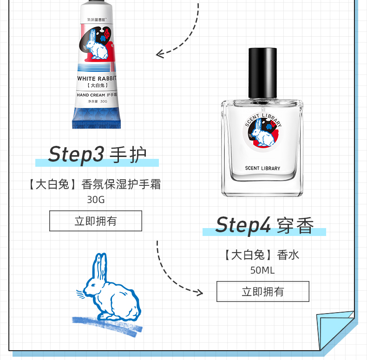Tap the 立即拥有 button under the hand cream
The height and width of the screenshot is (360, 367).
[96, 221]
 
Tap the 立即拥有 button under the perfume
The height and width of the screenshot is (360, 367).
[263, 292]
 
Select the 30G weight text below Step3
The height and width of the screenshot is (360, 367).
[96, 200]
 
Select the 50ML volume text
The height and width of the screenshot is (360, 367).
[262, 270]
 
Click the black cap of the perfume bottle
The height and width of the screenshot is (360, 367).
[262, 73]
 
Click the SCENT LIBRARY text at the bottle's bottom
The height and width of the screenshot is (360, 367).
[262, 168]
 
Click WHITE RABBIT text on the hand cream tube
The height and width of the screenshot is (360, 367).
[97, 79]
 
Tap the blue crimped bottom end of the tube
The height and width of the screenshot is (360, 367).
[97, 118]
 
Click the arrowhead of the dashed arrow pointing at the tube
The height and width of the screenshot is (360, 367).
[160, 54]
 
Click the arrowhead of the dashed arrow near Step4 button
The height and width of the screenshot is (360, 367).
[199, 292]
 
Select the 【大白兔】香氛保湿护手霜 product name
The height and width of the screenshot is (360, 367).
[95, 184]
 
